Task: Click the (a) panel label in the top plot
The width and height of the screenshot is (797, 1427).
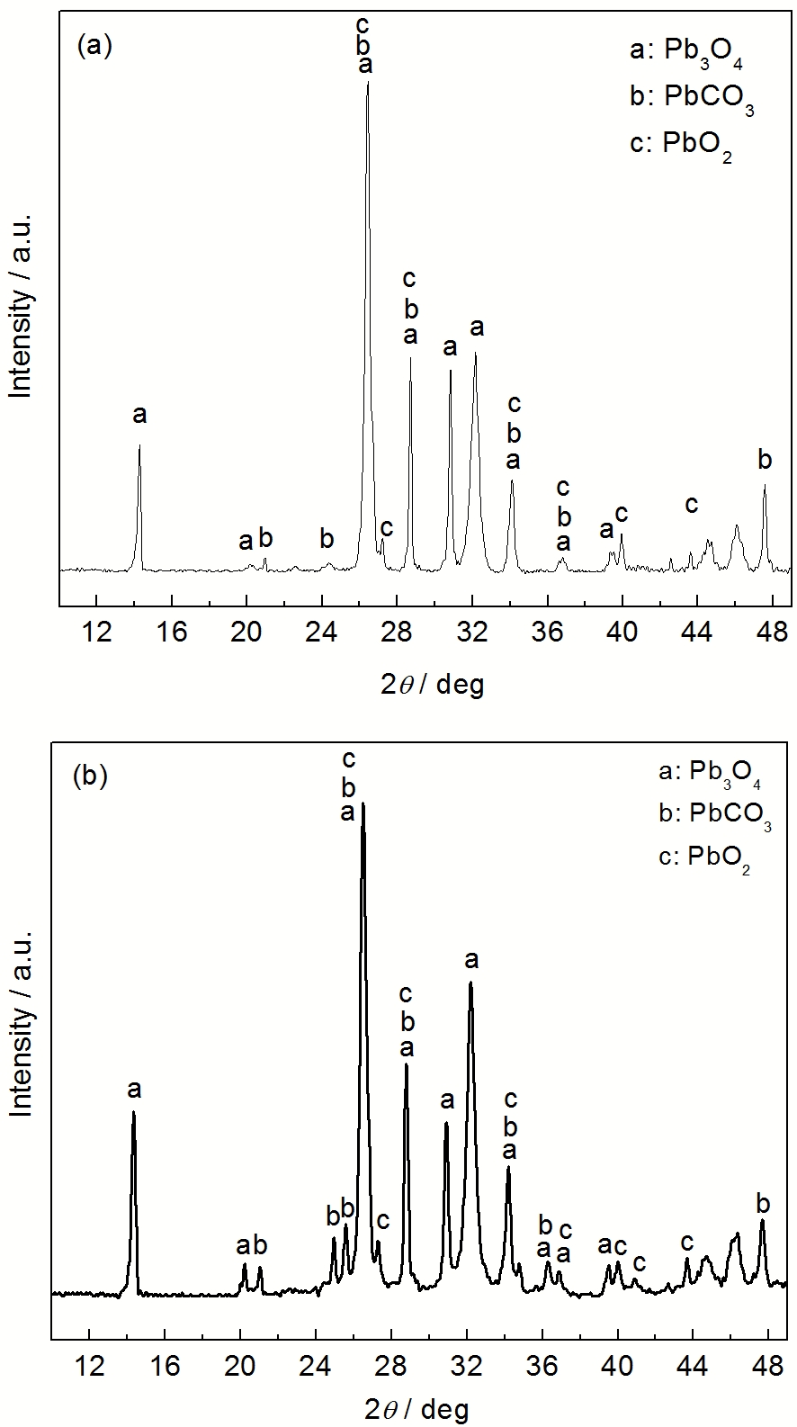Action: [x=94, y=46]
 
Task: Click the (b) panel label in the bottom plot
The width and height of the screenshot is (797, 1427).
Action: [x=89, y=776]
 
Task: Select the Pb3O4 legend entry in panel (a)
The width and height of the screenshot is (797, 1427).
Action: [x=686, y=51]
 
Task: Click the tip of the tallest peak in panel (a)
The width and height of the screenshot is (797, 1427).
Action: [x=367, y=82]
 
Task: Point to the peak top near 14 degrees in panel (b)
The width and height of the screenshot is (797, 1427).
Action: [x=133, y=1112]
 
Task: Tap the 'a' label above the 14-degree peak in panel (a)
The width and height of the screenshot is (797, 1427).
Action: [x=139, y=415]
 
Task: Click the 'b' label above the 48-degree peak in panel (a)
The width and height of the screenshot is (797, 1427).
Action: [x=765, y=461]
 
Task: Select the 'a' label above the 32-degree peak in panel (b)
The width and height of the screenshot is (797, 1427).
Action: [x=470, y=961]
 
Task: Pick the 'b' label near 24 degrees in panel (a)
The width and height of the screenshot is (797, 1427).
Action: [x=327, y=539]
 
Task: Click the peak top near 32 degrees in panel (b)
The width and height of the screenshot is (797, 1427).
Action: [x=470, y=983]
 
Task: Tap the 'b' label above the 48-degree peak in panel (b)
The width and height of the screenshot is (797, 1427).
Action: [x=763, y=1204]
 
